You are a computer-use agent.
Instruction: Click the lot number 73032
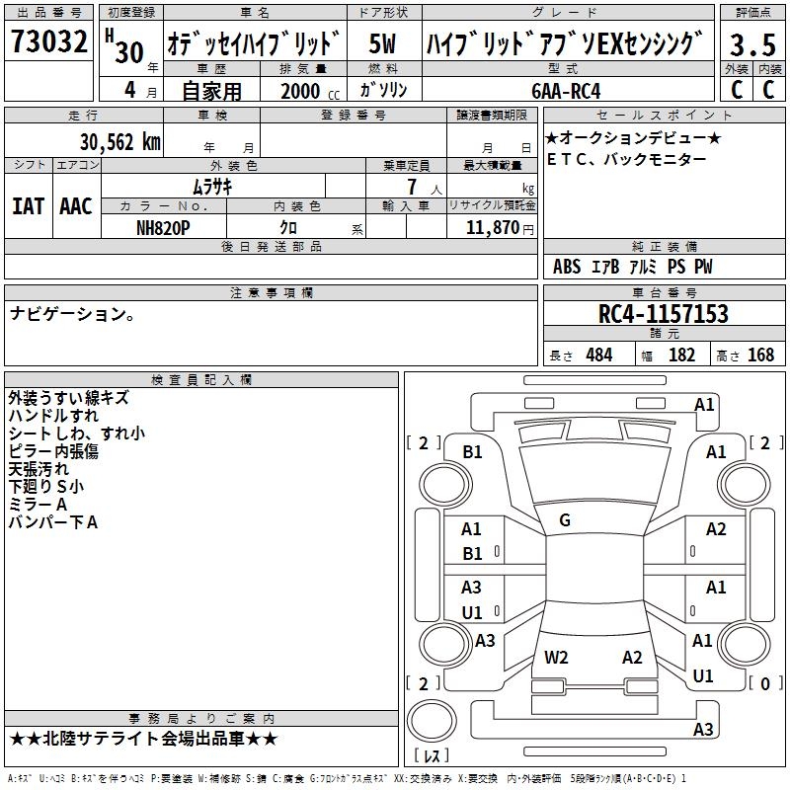click(x=48, y=40)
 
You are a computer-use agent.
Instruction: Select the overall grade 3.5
click(x=752, y=44)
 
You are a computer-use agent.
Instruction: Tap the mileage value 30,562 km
click(x=119, y=142)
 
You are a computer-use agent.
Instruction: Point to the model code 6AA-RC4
click(x=566, y=91)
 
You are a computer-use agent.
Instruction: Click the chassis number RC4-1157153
click(x=663, y=313)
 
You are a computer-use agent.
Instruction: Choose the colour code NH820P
click(x=163, y=228)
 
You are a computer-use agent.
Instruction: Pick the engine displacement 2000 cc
click(x=310, y=91)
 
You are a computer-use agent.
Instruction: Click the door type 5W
click(x=382, y=43)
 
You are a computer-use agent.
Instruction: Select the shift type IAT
click(x=29, y=206)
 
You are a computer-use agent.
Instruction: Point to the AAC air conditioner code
click(x=76, y=206)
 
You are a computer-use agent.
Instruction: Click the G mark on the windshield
click(x=565, y=519)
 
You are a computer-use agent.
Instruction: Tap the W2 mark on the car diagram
click(x=556, y=657)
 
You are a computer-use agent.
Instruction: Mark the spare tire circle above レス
click(x=432, y=720)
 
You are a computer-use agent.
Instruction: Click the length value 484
click(x=599, y=355)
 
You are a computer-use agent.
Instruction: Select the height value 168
click(x=760, y=355)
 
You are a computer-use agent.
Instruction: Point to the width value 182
click(x=681, y=355)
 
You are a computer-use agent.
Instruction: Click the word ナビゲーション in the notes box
click(x=68, y=313)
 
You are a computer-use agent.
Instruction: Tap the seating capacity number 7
click(x=412, y=187)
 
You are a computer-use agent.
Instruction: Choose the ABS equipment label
click(x=567, y=267)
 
